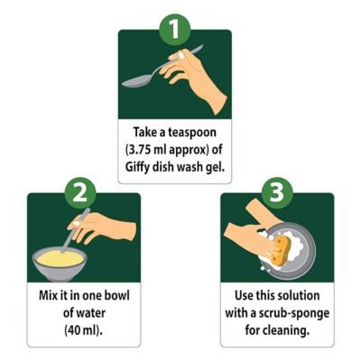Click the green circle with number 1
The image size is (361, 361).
(x=175, y=30)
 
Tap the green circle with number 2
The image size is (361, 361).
(x=80, y=193)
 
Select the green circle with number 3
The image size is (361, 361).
(x=277, y=193)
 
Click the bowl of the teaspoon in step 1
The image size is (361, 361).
(x=136, y=81)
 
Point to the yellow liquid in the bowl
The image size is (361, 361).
(x=60, y=258)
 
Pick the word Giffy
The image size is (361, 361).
(x=137, y=168)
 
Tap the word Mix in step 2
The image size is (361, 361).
(x=47, y=295)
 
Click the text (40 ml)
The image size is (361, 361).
(x=83, y=330)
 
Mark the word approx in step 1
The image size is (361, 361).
(x=188, y=151)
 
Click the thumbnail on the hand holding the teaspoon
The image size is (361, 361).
(x=181, y=55)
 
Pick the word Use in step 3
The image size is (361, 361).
(x=244, y=295)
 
